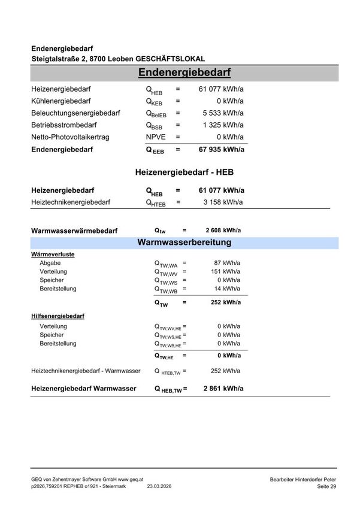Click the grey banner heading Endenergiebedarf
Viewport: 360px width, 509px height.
184,73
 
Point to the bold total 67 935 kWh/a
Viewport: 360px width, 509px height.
220,150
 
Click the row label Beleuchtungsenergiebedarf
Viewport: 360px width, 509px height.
75,113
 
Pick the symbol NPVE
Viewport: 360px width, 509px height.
156,137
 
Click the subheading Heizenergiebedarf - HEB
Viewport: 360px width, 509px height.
184,172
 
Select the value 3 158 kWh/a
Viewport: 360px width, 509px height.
223,202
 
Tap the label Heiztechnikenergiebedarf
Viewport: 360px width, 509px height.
71,202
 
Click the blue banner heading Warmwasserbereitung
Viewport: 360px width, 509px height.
184,243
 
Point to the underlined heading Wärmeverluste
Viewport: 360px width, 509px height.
53,255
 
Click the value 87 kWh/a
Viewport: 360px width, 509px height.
228,263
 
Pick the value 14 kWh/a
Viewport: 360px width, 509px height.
228,289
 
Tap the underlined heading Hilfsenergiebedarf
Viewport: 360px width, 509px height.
58,316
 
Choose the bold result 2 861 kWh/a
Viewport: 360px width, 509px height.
223,389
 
